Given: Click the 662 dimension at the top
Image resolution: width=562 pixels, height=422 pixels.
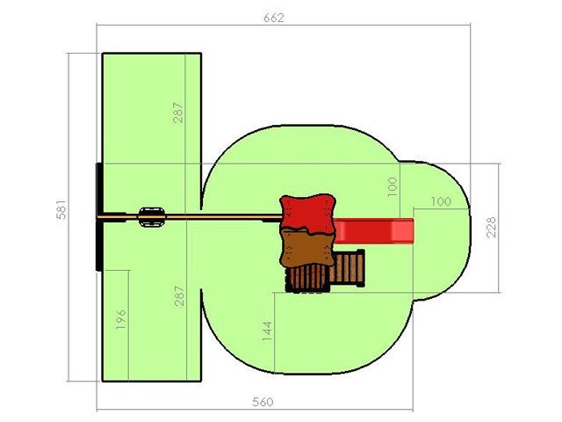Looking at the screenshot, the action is (x=274, y=18).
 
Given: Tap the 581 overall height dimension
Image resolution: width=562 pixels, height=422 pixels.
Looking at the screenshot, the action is (x=61, y=209).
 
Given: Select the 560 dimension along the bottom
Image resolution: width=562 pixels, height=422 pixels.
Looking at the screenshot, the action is (x=263, y=402).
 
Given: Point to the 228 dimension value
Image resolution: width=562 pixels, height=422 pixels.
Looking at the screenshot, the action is (x=492, y=227).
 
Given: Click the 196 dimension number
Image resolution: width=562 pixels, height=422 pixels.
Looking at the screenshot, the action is (x=121, y=319).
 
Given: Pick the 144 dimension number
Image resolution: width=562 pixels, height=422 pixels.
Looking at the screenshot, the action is (x=267, y=331).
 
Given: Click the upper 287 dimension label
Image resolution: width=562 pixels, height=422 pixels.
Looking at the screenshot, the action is (x=177, y=113).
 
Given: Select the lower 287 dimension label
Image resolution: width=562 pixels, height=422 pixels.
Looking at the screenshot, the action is (x=179, y=295).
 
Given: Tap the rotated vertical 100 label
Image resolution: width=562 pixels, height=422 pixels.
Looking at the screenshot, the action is (x=393, y=186).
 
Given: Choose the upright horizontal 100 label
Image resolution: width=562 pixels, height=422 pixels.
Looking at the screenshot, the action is (x=441, y=201).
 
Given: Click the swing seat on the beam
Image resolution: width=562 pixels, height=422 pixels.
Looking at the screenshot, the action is (x=152, y=217).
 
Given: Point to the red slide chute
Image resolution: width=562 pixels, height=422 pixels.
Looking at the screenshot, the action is (x=373, y=230).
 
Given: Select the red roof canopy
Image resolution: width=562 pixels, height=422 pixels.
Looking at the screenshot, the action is (x=307, y=213).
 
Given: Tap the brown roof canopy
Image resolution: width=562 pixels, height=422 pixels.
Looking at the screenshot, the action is (x=306, y=248).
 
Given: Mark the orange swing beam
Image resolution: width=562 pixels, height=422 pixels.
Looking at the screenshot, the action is (x=190, y=217).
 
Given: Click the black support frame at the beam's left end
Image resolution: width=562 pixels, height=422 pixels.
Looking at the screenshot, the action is (x=99, y=216).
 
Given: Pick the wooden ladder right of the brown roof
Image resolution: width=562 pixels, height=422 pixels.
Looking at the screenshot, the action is (x=348, y=268).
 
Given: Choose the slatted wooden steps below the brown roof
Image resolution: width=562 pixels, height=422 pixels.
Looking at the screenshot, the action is (x=307, y=279).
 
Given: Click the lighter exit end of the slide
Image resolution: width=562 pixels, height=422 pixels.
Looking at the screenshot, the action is (x=402, y=230).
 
